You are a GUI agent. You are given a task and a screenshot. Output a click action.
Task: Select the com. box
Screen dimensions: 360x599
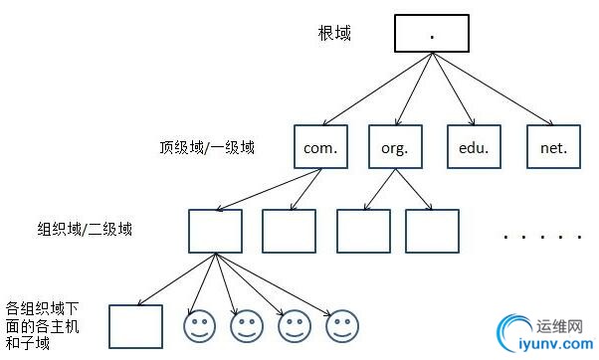tap(321, 147)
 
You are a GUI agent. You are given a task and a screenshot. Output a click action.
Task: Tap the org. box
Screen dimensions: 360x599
tap(395, 147)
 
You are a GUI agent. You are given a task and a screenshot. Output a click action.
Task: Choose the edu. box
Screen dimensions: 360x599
tap(473, 147)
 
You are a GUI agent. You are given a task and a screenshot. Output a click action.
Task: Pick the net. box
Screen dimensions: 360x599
tap(552, 147)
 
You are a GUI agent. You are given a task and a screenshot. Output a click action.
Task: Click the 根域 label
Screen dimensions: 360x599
tap(333, 34)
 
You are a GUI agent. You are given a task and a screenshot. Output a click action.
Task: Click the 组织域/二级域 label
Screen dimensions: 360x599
tap(85, 229)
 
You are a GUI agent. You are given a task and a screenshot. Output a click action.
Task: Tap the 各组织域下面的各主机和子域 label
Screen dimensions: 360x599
tap(40, 325)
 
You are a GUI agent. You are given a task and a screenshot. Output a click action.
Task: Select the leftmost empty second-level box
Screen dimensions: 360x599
tap(215, 230)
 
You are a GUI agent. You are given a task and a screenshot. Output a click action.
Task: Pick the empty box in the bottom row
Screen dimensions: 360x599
tap(135, 326)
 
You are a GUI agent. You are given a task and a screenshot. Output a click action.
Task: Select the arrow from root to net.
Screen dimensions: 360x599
tap(493, 89)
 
